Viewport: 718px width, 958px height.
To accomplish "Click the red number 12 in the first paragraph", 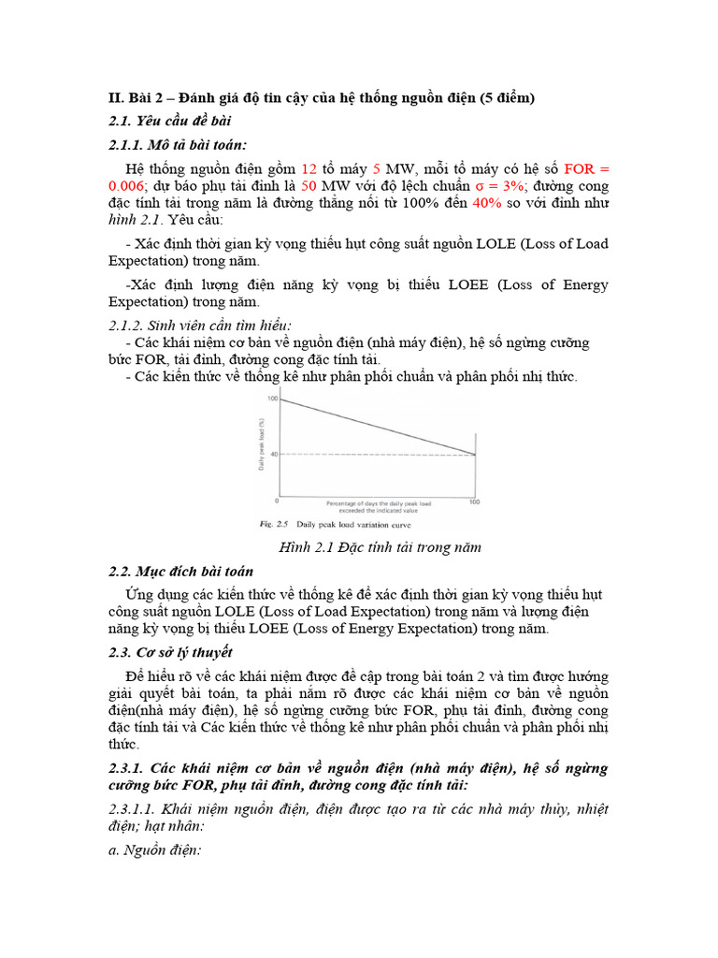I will pos(309,169).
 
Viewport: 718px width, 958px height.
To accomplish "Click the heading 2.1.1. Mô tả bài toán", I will pos(178,144).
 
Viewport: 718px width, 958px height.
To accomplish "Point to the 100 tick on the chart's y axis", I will pos(273,399).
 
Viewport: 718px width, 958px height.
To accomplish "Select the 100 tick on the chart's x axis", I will pos(474,502).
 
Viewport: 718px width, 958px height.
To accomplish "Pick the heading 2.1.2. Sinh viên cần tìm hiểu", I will pos(201,325).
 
